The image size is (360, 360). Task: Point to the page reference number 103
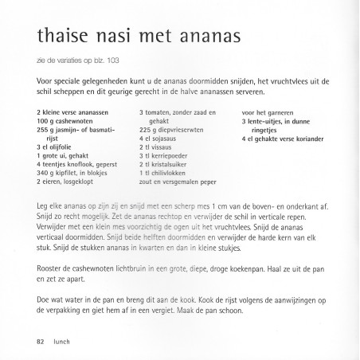coord(111,60)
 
